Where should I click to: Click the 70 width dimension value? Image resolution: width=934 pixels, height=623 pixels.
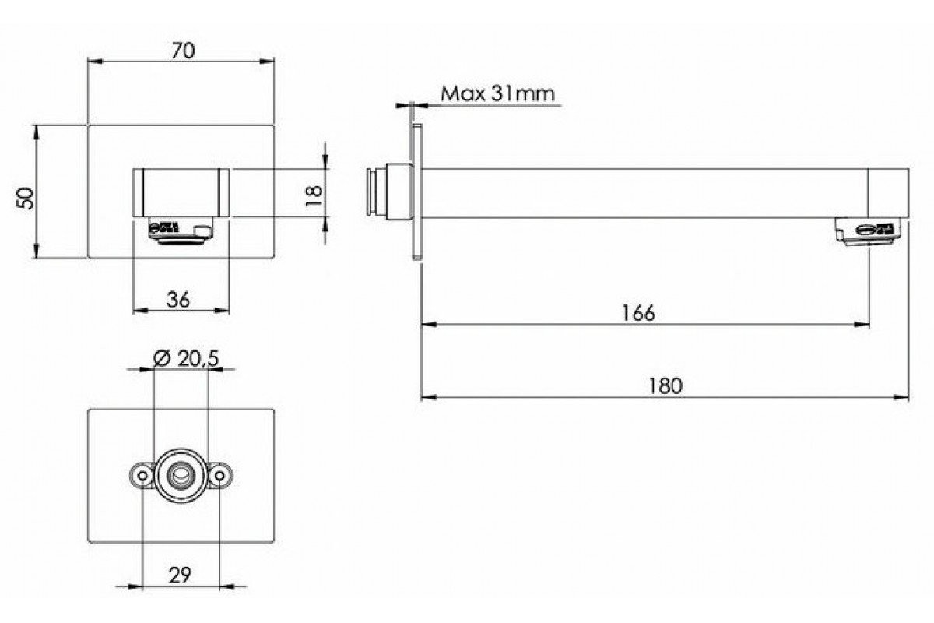click(183, 51)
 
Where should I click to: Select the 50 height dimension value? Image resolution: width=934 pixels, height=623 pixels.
click(25, 199)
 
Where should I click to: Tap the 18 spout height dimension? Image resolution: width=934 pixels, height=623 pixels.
click(314, 195)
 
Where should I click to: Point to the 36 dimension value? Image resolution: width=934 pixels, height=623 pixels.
click(178, 300)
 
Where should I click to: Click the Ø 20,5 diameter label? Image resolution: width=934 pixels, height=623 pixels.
click(186, 358)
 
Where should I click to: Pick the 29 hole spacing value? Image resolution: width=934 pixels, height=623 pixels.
click(180, 575)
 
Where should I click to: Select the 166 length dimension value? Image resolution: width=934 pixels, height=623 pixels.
click(638, 313)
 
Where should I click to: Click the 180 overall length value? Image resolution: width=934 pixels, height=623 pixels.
click(665, 386)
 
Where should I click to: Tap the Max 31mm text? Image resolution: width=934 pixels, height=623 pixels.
click(498, 94)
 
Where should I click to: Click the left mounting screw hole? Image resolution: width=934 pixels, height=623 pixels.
click(142, 476)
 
